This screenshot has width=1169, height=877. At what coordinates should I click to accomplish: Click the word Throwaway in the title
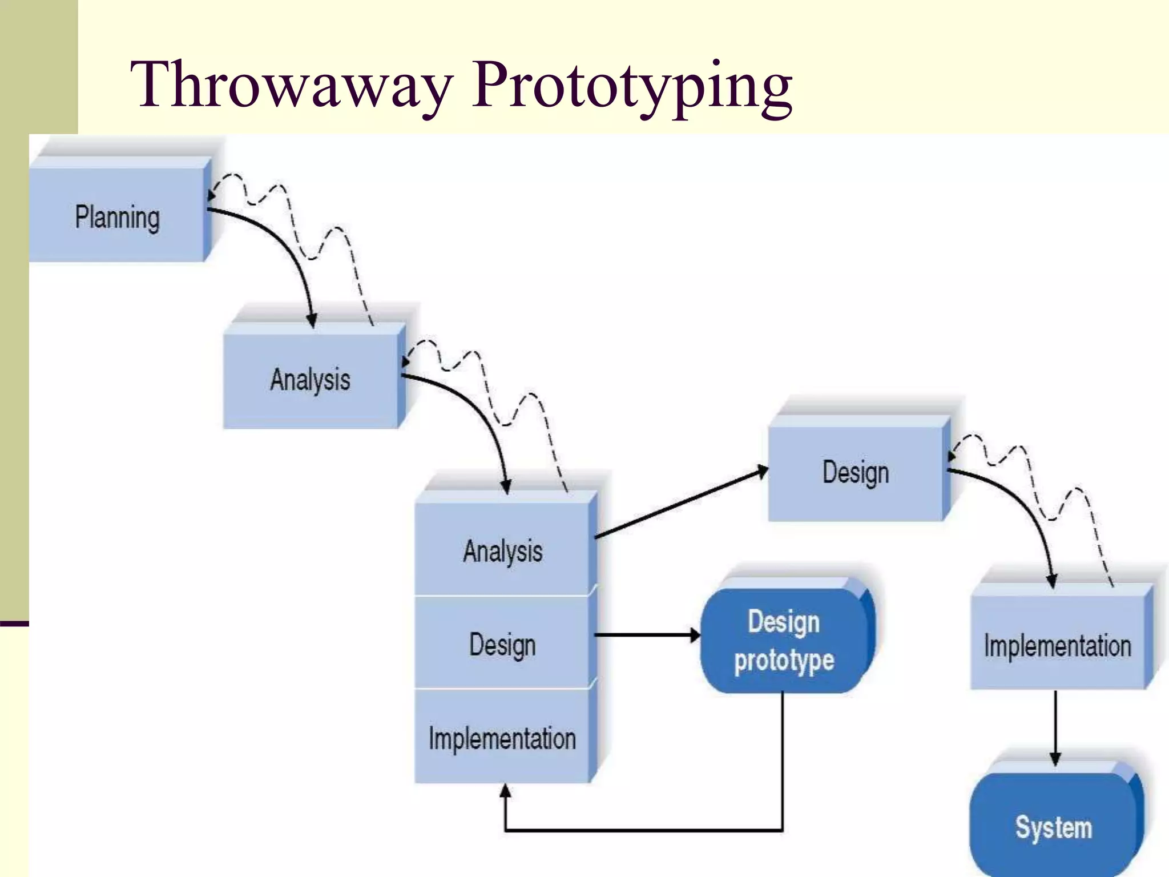click(291, 86)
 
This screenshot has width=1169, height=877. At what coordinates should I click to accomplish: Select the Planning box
click(117, 217)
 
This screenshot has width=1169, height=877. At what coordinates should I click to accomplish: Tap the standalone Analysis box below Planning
click(310, 380)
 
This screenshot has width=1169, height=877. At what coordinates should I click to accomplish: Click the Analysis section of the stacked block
click(502, 551)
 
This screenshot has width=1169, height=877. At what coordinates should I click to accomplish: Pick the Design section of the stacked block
click(502, 645)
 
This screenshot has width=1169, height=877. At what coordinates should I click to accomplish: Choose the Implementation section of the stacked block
click(502, 738)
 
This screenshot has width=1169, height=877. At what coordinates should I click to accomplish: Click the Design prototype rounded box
click(784, 641)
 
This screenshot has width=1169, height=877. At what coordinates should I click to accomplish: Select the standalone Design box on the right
click(855, 473)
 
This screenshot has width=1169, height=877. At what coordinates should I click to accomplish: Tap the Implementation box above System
click(1057, 645)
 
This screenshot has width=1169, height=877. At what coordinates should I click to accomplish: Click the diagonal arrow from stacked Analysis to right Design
click(679, 504)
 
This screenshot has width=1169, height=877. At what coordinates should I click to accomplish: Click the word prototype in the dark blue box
click(784, 661)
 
